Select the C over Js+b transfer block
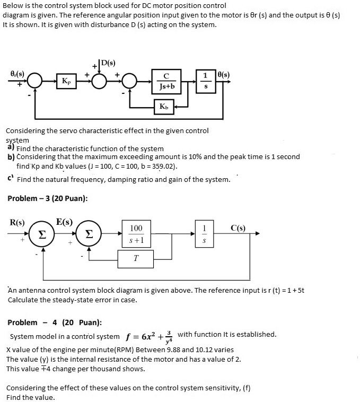(166, 81)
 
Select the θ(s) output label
(222, 75)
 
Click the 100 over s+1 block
(136, 234)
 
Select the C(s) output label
(238, 229)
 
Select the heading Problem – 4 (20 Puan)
(55, 322)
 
